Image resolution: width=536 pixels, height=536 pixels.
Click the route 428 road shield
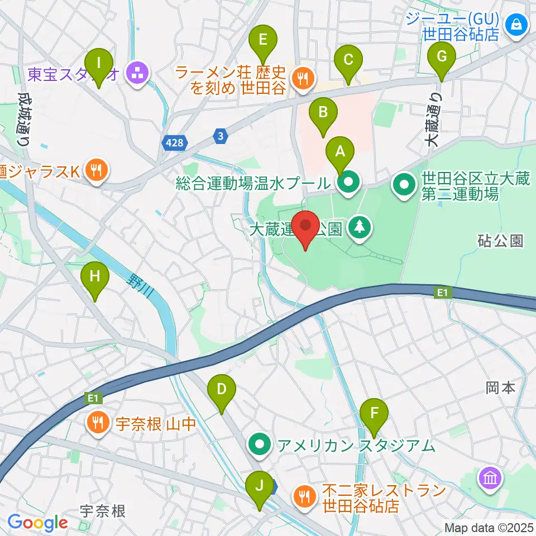point(174,143)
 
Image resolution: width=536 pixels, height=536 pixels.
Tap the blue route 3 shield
point(221,135)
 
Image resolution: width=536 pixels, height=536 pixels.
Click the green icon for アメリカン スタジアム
point(261,445)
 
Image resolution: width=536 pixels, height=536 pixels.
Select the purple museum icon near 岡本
point(490,478)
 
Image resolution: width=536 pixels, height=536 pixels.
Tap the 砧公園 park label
point(501,241)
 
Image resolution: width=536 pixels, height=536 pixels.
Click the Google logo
point(38,523)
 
